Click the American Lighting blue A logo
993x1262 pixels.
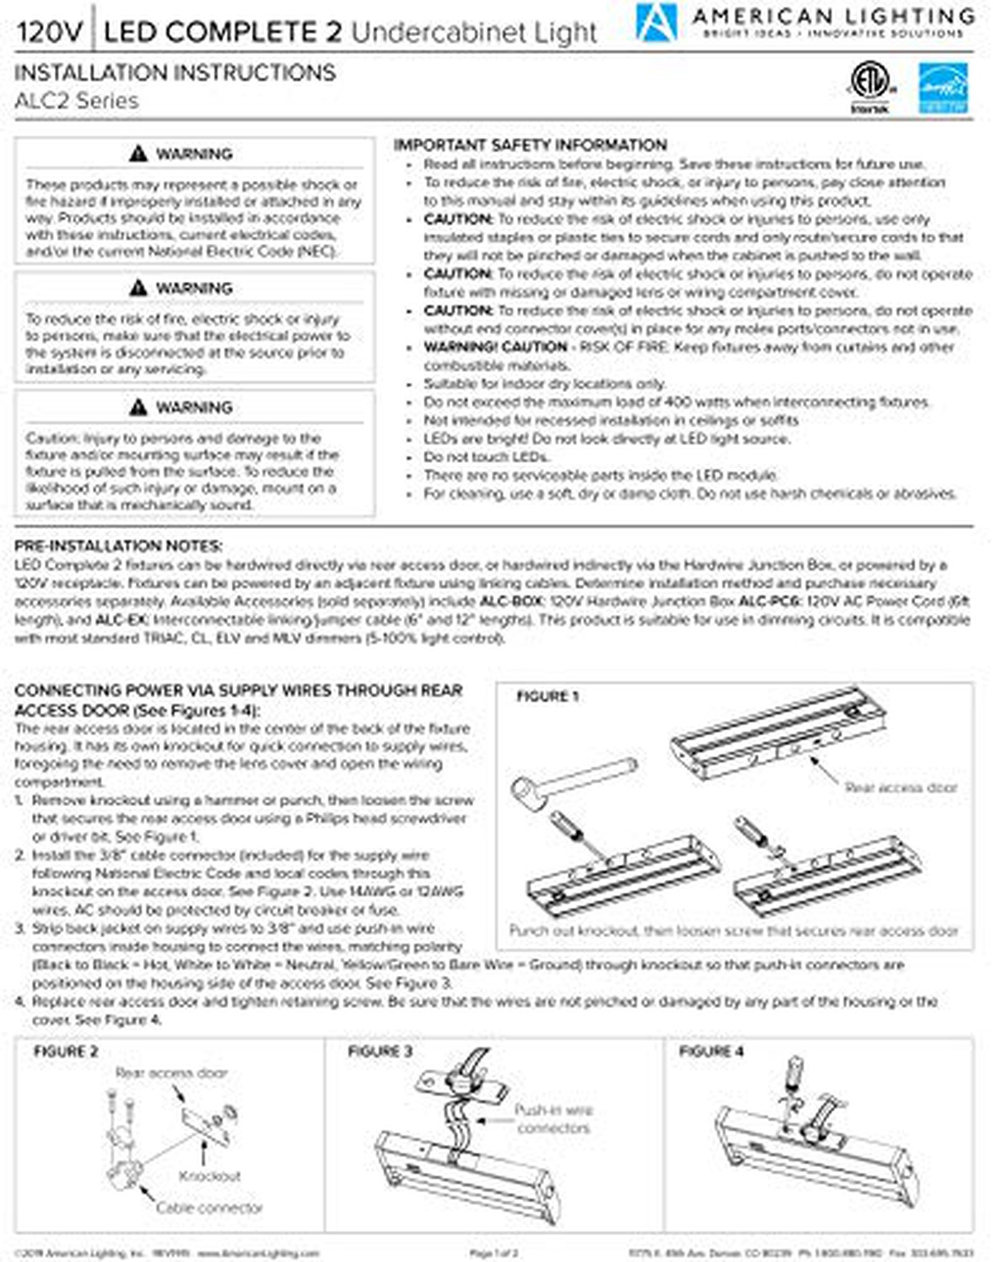tap(655, 22)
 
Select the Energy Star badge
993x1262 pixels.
tap(943, 88)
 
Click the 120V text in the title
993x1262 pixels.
tap(50, 32)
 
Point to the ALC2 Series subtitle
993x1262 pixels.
tap(76, 101)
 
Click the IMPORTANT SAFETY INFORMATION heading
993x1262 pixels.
tap(530, 146)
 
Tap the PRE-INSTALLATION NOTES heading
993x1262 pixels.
tap(118, 546)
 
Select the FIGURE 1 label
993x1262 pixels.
tap(548, 696)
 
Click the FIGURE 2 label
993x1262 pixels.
tap(65, 1051)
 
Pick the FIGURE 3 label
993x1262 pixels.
tap(380, 1051)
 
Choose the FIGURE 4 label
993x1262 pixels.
tap(712, 1051)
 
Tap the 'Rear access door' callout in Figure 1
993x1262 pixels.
tap(901, 787)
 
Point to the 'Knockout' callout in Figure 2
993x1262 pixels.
tap(209, 1175)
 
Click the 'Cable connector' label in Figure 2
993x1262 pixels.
tap(209, 1207)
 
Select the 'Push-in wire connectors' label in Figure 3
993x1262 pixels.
tap(554, 1118)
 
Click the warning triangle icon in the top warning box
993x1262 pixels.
tap(138, 154)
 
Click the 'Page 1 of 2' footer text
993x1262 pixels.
tap(493, 1254)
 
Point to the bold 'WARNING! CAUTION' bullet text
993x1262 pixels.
tap(495, 347)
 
